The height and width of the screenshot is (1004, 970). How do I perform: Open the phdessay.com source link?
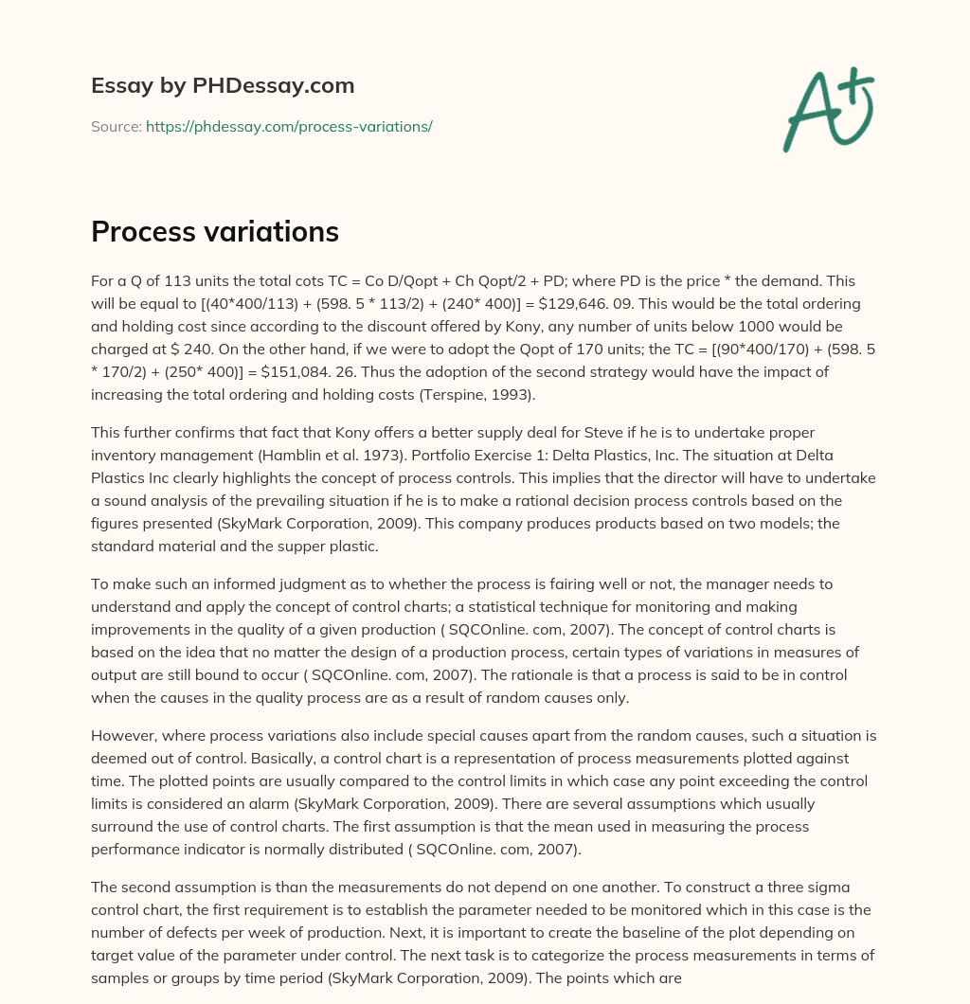tap(289, 126)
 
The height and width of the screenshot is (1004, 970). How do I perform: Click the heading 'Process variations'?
tap(215, 231)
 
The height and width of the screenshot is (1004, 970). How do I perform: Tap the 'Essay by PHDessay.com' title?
tap(223, 85)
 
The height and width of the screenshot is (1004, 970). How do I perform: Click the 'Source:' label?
tap(117, 126)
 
